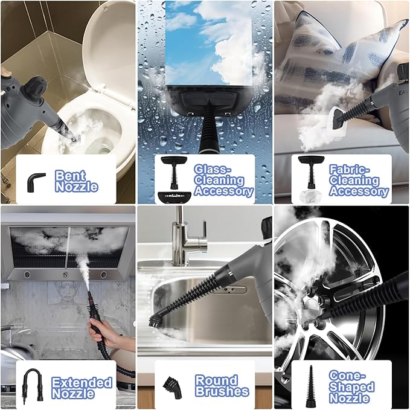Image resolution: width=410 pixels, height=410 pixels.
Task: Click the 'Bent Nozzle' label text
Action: point(76,181)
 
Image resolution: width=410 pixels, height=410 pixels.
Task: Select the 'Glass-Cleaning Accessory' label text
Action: point(223,180)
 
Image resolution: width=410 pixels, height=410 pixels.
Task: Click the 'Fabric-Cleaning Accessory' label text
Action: point(359,180)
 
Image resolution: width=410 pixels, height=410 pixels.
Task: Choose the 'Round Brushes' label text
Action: point(222,386)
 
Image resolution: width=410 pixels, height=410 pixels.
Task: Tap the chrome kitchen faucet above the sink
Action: point(181,242)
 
